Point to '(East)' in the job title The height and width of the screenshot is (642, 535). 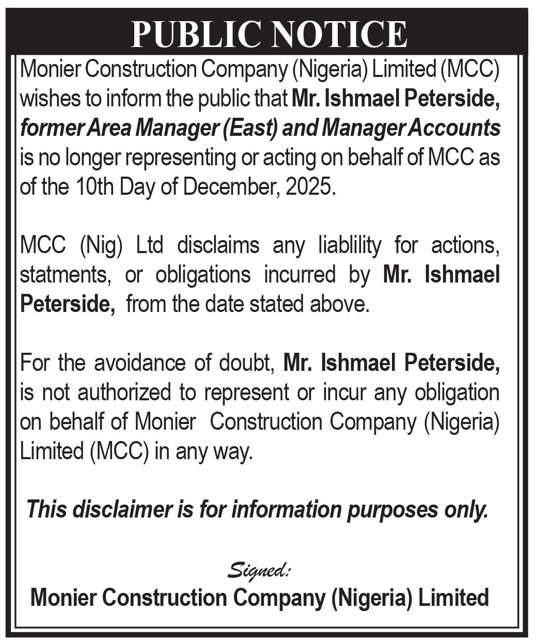(x=250, y=128)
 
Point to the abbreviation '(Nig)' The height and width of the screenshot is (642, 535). (x=101, y=245)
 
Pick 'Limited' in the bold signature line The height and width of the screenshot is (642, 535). (x=453, y=598)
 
